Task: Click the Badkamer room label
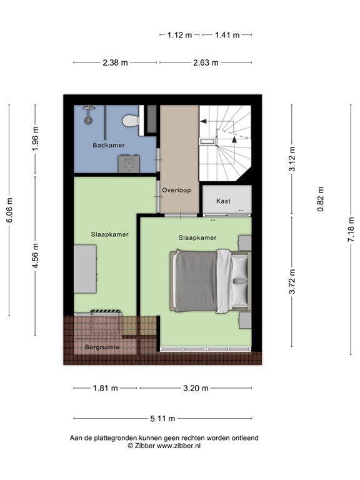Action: [108, 146]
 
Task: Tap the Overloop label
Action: [176, 190]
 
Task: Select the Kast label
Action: [223, 201]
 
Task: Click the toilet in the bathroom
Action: [131, 120]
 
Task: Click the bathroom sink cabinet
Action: [129, 163]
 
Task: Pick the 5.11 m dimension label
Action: [162, 419]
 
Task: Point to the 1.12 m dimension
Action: [179, 35]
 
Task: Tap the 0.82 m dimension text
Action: [321, 199]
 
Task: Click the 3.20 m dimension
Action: [196, 388]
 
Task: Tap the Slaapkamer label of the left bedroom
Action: [110, 235]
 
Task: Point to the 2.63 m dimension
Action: [206, 62]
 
